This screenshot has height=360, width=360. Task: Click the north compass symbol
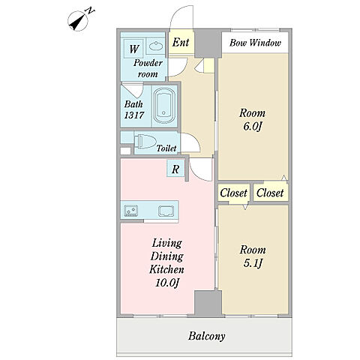pos(78,21)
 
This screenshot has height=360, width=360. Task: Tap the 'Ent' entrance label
pos(181,42)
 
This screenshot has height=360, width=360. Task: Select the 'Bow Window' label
pos(255,43)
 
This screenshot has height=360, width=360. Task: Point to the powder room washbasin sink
pos(156,46)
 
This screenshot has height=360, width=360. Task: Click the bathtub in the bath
pos(164,106)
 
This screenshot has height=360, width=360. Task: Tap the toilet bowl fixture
pos(144,142)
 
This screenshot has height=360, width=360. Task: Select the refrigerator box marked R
pos(175,169)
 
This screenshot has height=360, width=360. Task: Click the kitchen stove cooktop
pos(130,211)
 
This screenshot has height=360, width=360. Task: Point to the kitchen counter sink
pos(166,211)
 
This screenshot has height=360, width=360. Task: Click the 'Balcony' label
pos(207,336)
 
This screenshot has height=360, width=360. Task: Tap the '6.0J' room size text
pos(252,127)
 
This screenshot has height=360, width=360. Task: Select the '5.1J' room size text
pos(253,263)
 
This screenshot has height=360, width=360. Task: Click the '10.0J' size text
pos(167,283)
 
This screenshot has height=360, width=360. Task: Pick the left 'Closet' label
pos(233,193)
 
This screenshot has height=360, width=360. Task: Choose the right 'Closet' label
pos(270,193)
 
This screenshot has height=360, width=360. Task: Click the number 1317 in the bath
pos(134,115)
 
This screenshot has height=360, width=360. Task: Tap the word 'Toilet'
pos(166,148)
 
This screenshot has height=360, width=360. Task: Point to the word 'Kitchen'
pos(166,269)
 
